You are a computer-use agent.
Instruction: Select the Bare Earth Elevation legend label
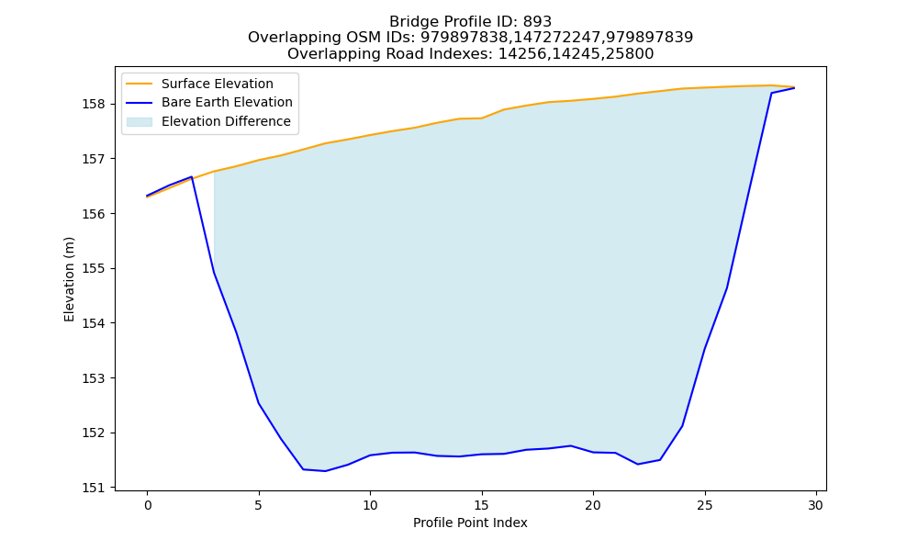[227, 102]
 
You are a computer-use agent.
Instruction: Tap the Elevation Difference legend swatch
[140, 121]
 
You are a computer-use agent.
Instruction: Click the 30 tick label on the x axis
[816, 505]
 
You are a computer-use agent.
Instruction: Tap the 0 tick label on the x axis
[148, 505]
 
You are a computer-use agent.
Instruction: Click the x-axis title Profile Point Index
[470, 523]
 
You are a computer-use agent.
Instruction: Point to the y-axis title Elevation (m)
[69, 279]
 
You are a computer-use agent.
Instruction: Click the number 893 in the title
[537, 22]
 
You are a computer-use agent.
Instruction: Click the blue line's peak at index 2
[192, 177]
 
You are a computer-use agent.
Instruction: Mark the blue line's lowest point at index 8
[326, 471]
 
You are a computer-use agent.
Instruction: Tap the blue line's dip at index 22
[638, 465]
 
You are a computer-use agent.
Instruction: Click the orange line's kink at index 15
[482, 118]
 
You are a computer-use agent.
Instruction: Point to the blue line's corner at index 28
[772, 93]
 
